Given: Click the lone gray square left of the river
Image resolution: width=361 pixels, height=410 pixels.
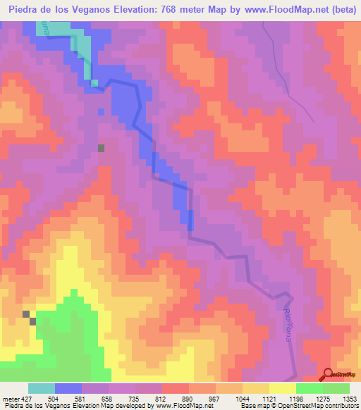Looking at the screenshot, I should coord(102,148).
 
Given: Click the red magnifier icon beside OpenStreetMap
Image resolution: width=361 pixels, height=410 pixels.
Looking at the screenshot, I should coord(328,374).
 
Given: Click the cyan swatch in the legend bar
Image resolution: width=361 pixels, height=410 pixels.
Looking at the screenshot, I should coord(42,388).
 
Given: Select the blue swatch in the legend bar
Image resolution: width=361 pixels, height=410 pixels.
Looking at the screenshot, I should coord(68,388).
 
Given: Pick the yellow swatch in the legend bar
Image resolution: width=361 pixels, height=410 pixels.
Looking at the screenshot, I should coord(282,388).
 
